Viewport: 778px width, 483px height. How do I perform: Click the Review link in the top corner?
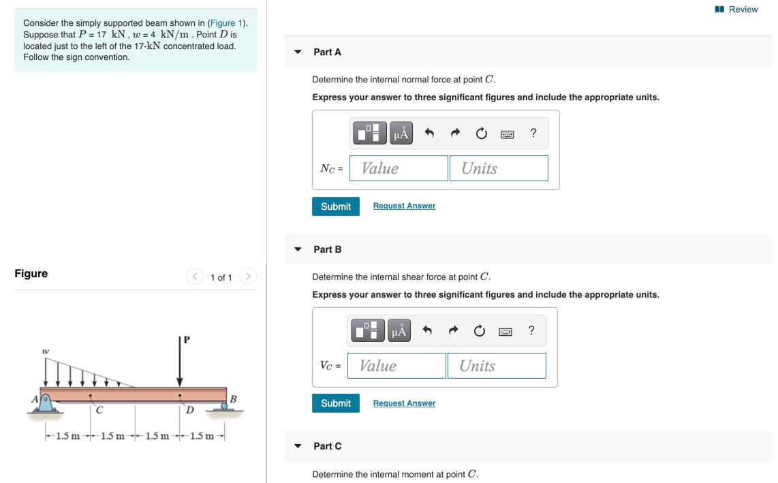[736, 10]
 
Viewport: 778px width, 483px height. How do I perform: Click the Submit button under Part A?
[335, 206]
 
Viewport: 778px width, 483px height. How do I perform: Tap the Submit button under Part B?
[335, 403]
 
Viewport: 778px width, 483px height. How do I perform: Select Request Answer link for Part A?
[404, 206]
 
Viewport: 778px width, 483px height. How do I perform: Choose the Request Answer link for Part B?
[404, 403]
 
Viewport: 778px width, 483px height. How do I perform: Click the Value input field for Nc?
[399, 168]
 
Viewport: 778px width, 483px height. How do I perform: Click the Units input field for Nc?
[499, 168]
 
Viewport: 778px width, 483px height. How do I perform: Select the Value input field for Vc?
[396, 366]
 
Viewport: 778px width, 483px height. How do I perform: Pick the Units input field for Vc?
[497, 366]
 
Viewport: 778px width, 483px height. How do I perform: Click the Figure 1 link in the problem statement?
[226, 23]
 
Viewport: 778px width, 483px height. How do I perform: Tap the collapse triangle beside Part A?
[298, 52]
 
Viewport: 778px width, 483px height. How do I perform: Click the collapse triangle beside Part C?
[298, 446]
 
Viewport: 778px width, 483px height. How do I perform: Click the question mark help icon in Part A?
[533, 133]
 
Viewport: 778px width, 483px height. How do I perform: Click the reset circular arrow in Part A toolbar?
[481, 133]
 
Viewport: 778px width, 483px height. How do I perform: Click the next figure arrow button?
[248, 276]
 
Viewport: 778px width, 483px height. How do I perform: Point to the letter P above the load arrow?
[187, 340]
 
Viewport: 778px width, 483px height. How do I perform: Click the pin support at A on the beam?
[45, 403]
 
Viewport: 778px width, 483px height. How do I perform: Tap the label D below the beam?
[190, 410]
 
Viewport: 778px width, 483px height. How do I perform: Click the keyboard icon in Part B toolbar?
[505, 332]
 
